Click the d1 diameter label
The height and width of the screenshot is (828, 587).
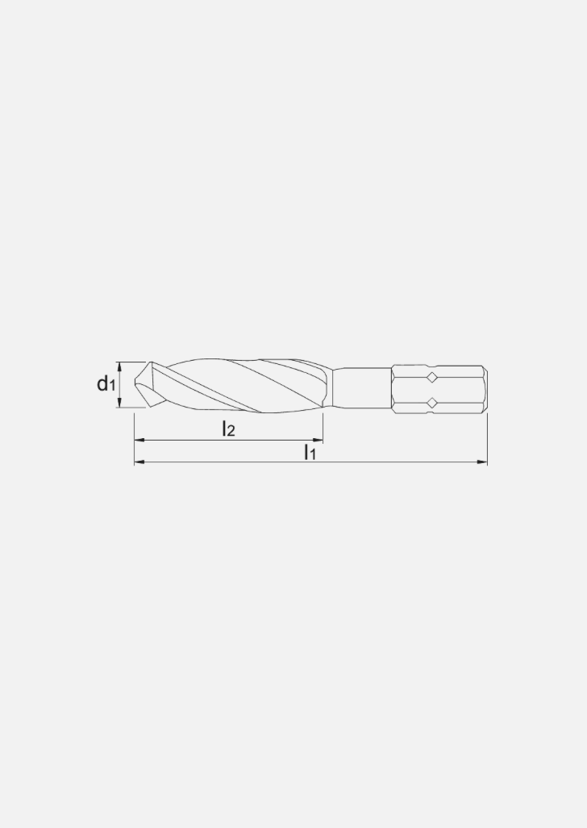coord(106,384)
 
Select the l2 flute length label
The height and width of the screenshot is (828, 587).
coord(228,429)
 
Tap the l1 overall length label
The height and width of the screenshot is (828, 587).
coord(310,453)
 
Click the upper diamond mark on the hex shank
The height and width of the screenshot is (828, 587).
coord(432,377)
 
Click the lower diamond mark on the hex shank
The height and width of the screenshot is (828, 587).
coord(432,402)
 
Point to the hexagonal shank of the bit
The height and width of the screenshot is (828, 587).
coord(439,390)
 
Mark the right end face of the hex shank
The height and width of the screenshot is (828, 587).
coord(486,390)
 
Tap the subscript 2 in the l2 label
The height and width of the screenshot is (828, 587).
coord(231,433)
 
